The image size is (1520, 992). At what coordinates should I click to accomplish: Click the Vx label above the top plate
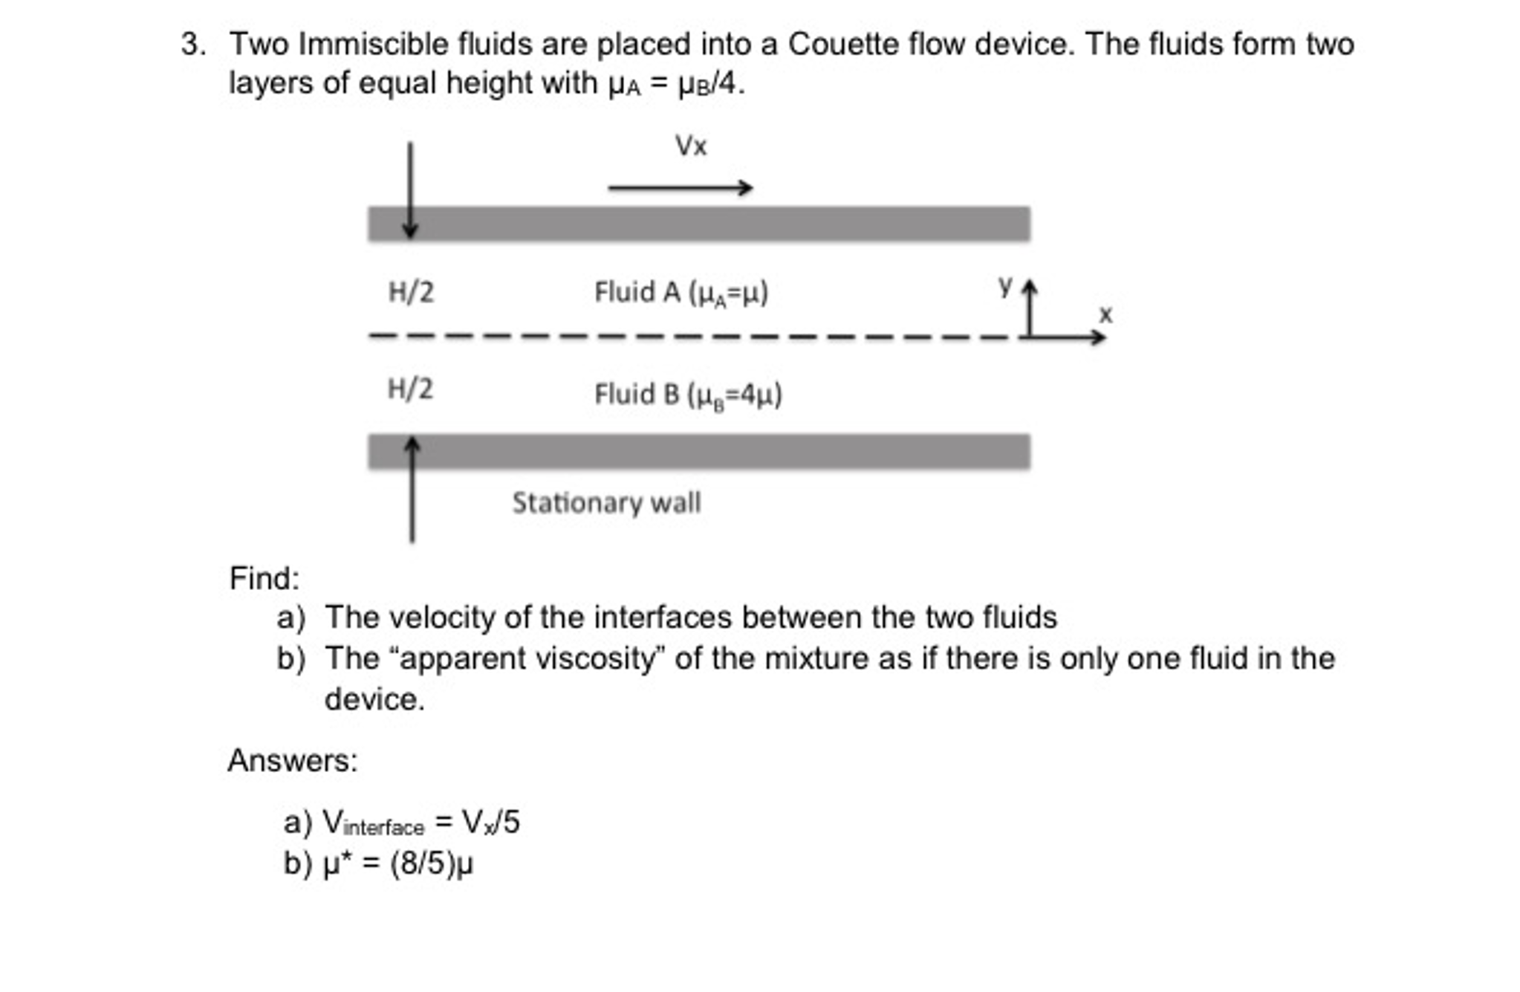coord(690,146)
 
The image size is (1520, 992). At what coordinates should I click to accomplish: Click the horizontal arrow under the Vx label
coord(680,188)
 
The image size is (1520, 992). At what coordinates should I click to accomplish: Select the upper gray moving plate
coord(698,224)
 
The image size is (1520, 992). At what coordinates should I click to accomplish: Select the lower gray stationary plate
coord(698,452)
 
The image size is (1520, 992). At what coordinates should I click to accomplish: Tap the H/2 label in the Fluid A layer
coord(411,292)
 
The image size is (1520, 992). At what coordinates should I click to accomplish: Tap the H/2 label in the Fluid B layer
coord(410,389)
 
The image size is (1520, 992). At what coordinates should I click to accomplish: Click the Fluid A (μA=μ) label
coord(681,293)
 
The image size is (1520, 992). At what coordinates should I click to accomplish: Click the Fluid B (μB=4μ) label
coord(688,395)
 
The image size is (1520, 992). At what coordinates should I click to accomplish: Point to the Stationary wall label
coord(606,503)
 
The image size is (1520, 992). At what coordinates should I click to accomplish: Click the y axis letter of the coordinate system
coord(1005,285)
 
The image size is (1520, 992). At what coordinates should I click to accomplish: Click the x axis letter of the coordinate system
coord(1105,314)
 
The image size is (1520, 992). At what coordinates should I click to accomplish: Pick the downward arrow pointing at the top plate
coord(409,189)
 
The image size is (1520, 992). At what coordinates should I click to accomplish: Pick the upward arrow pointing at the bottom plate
coord(412,490)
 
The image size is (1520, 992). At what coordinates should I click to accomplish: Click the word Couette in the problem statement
coord(839,45)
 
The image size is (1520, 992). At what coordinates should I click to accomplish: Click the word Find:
coord(264,579)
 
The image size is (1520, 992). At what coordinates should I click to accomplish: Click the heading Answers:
coord(293,761)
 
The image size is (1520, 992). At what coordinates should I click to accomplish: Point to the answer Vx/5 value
coord(490,823)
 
